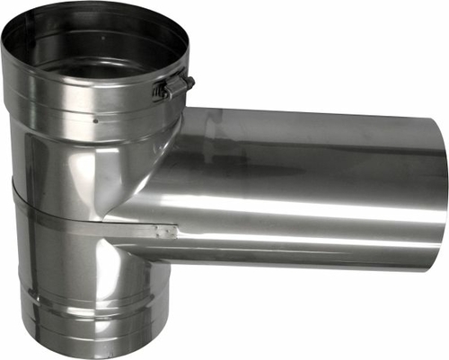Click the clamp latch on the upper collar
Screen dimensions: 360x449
coord(172,88)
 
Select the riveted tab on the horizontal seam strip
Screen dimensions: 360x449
coord(164,233)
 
